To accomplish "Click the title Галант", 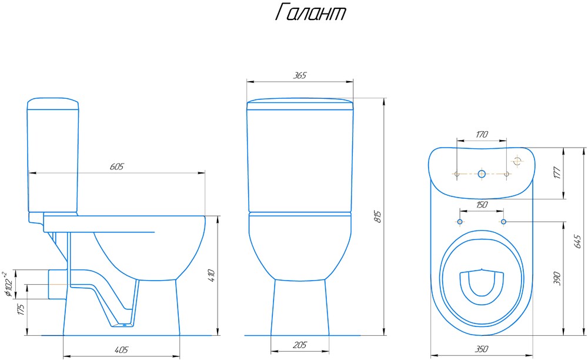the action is pyautogui.click(x=310, y=13).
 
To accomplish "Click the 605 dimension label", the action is pyautogui.click(x=116, y=166).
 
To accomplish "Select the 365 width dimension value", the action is pyautogui.click(x=300, y=75).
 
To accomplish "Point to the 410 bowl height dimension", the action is pyautogui.click(x=211, y=276).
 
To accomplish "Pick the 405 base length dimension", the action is pyautogui.click(x=121, y=349).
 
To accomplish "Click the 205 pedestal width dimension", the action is pyautogui.click(x=300, y=345).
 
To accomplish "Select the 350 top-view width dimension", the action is pyautogui.click(x=482, y=349).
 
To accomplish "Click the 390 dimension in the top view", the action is pyautogui.click(x=557, y=279).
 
